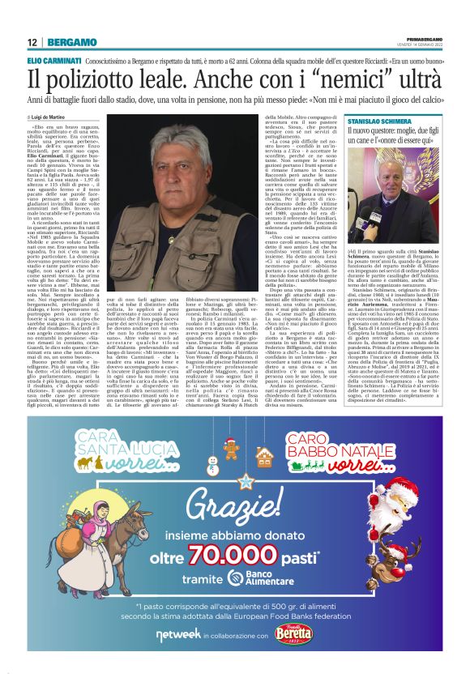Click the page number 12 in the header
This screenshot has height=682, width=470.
click(32, 41)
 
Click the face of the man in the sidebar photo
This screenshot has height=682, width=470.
click(404, 168)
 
